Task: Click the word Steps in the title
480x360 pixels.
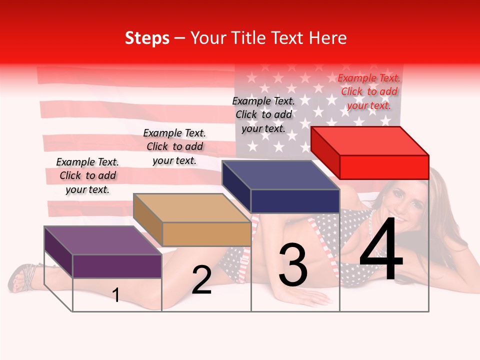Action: (x=146, y=38)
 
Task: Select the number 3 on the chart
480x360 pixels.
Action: (x=293, y=265)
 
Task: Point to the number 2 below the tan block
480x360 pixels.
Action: (x=201, y=280)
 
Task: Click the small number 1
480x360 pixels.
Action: (x=116, y=295)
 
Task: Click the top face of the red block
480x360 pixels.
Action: (x=369, y=141)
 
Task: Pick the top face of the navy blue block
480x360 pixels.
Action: (x=280, y=175)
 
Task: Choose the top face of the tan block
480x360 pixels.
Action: (x=191, y=208)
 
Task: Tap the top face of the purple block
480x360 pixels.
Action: (x=102, y=240)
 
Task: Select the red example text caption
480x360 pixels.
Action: (x=369, y=91)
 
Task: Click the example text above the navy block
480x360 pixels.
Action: (x=263, y=114)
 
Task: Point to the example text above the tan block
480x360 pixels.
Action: (x=174, y=146)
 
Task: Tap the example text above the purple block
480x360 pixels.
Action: (x=87, y=175)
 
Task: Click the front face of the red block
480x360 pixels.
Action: (x=384, y=167)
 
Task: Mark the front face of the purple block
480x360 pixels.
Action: (x=117, y=266)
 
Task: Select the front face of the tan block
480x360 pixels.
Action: (x=206, y=234)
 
